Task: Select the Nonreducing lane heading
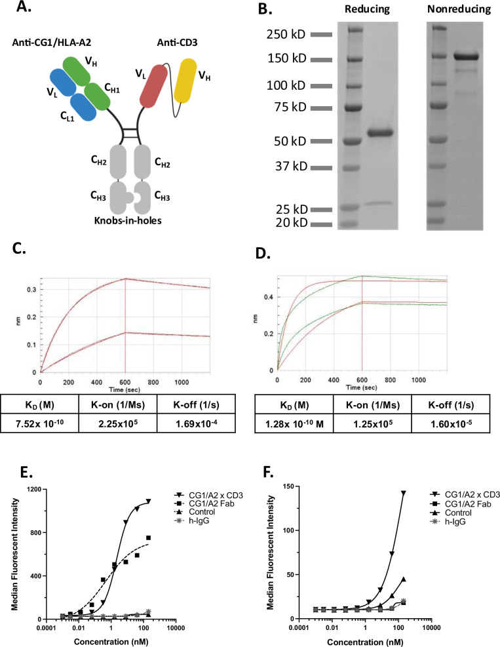coord(455,11)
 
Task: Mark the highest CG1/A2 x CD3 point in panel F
coord(412,492)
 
